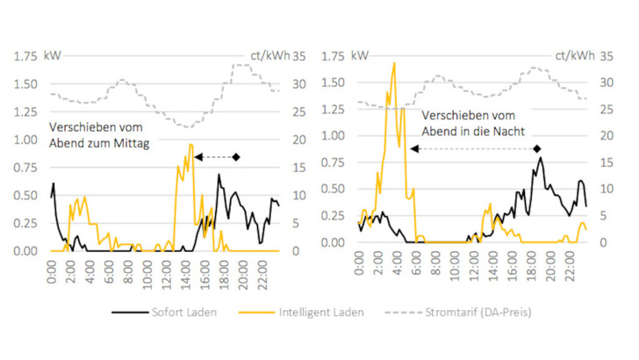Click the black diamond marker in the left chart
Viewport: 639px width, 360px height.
click(x=235, y=157)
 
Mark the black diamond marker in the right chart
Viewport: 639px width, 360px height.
click(x=537, y=149)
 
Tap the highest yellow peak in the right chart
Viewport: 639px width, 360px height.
click(x=394, y=63)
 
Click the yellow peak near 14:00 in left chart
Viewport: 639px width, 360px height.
click(x=190, y=144)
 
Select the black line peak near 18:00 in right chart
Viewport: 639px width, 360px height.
click(x=541, y=158)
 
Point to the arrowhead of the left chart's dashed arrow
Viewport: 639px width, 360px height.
click(x=197, y=157)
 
